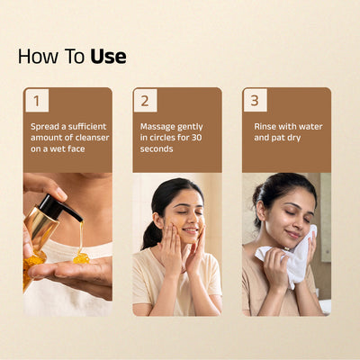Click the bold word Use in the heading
coord(108,57)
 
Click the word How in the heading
coord(38,57)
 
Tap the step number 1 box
coord(37,101)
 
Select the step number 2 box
coord(145,101)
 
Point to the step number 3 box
coord(255,101)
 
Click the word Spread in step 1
coord(45,127)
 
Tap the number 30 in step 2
coord(196,138)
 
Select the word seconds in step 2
coord(157,148)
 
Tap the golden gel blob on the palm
coord(81,258)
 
